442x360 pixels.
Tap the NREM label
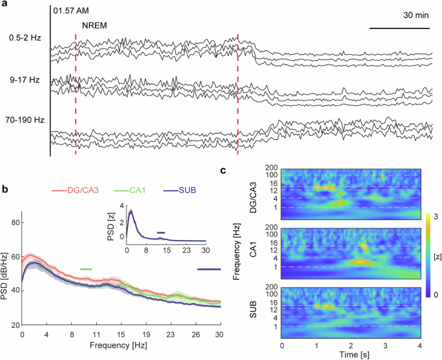[x=93, y=26]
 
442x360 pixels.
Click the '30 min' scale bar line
[x=400, y=28]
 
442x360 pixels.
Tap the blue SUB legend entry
[x=179, y=192]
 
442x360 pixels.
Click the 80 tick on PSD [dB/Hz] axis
[x=13, y=223]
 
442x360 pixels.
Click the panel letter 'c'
[x=223, y=172]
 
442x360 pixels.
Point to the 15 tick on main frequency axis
[x=121, y=334]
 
